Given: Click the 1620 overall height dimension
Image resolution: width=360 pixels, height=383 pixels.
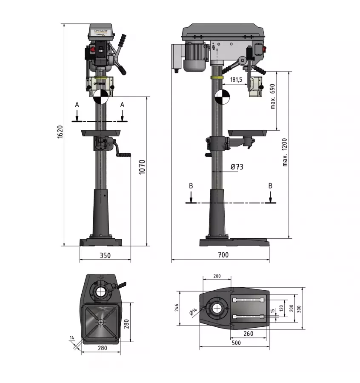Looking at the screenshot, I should pos(60,132).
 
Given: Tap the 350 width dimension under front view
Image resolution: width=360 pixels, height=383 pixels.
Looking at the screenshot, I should pos(105,255).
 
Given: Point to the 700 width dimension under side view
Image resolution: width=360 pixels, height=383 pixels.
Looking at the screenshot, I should pos(223,255).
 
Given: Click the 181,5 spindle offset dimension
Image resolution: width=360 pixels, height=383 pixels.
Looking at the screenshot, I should pos(236,80).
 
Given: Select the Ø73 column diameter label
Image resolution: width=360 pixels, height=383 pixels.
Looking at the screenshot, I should pos(237,167).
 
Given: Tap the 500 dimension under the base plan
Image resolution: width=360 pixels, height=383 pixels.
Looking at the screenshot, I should pos(236,343).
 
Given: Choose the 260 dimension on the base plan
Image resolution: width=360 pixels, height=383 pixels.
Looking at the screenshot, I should pos(249,334).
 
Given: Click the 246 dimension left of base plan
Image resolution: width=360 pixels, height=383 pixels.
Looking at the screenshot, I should pos(177,308).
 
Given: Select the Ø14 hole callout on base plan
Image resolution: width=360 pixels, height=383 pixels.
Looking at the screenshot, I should pos(194,312).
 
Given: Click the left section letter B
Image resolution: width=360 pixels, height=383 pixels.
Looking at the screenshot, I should pos(191,186).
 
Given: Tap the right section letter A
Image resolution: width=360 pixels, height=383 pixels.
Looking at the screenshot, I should pos(123,104).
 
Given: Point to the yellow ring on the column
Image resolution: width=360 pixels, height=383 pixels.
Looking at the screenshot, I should pos(217,77).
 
